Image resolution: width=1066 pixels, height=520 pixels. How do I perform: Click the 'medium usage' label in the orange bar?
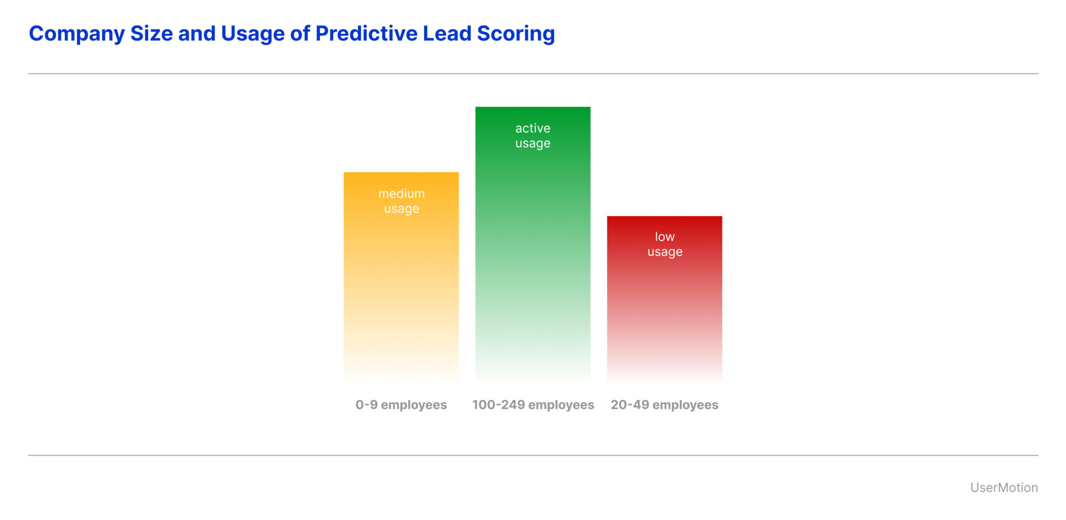[x=401, y=201]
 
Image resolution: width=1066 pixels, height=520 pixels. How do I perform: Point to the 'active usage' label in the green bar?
[x=532, y=135]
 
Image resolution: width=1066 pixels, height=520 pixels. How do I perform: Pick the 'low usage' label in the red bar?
[x=665, y=244]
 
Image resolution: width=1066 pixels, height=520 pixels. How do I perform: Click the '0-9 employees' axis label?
[x=401, y=405]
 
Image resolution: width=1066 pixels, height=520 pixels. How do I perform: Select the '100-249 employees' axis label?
[x=533, y=405]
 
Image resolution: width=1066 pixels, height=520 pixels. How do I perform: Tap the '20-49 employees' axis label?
[x=664, y=405]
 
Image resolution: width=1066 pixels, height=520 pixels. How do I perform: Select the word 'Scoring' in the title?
[x=516, y=34]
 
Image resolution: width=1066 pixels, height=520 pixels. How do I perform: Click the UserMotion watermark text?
[x=1004, y=488]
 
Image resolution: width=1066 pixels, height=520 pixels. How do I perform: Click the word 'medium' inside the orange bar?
[x=401, y=194]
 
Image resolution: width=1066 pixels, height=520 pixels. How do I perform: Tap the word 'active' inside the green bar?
[x=532, y=128]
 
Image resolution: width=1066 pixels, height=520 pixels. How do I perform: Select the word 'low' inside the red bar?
[x=665, y=237]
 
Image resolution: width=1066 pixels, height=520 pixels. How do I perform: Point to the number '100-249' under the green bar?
[x=498, y=405]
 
